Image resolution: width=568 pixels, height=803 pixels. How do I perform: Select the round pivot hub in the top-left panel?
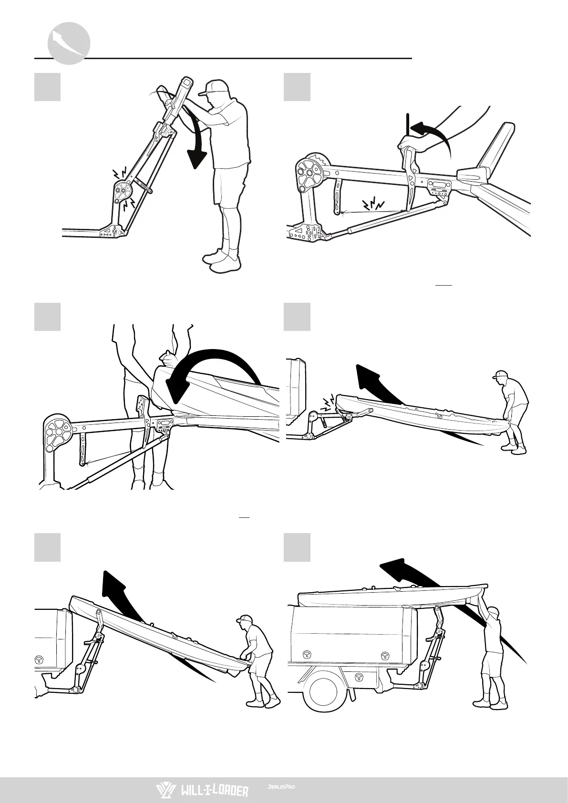(124, 189)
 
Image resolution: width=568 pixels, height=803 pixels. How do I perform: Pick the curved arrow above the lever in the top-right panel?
(432, 131)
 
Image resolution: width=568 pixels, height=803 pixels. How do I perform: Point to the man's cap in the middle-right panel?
(500, 375)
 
